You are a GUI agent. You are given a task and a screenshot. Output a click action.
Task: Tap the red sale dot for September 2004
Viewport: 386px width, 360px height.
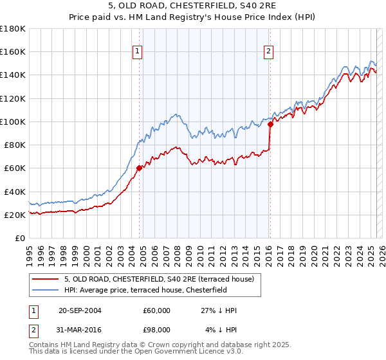point(139,168)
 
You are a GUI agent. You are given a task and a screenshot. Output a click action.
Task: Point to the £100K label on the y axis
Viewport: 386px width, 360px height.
point(13,122)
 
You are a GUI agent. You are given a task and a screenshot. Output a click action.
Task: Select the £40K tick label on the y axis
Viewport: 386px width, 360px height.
point(15,192)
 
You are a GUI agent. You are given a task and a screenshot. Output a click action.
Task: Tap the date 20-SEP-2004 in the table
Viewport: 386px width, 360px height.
point(80,310)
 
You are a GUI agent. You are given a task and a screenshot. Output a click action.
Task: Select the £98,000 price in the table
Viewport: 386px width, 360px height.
point(156,329)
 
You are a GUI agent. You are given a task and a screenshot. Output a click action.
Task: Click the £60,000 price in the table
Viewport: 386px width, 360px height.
point(156,310)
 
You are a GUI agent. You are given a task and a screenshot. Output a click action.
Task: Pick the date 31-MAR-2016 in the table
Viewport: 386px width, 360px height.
point(80,329)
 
